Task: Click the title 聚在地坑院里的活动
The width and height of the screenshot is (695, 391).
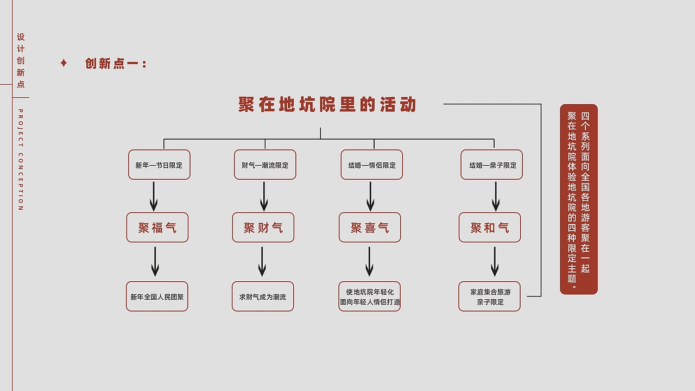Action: click(327, 104)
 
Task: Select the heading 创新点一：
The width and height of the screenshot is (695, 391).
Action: click(116, 64)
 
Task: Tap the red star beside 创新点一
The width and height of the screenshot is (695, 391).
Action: click(64, 63)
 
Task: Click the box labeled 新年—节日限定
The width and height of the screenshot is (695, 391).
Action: click(159, 165)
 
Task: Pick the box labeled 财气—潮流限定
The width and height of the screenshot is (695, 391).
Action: click(265, 165)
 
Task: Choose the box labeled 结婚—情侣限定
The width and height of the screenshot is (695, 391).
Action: click(372, 165)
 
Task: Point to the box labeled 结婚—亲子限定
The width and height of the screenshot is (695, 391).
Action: click(492, 165)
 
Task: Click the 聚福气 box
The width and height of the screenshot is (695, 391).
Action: click(157, 227)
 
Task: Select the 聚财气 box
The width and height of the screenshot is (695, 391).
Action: click(263, 227)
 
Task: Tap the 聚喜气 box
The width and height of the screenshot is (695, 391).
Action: click(370, 227)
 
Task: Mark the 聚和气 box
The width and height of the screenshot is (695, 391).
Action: click(490, 227)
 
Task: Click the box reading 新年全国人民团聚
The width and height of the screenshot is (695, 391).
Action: click(157, 297)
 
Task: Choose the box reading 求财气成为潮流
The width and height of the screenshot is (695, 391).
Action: click(263, 297)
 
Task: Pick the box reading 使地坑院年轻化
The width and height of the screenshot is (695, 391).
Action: click(370, 297)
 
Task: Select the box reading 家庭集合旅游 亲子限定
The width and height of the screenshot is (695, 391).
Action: click(490, 297)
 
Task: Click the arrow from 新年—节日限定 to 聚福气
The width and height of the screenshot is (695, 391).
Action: click(154, 196)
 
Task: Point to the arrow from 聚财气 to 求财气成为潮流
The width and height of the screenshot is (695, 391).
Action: click(262, 262)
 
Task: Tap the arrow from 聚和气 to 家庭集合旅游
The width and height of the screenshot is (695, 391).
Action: click(495, 262)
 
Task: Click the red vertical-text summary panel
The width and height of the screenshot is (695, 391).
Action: click(579, 199)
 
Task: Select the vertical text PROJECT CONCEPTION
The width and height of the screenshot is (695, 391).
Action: click(21, 160)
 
